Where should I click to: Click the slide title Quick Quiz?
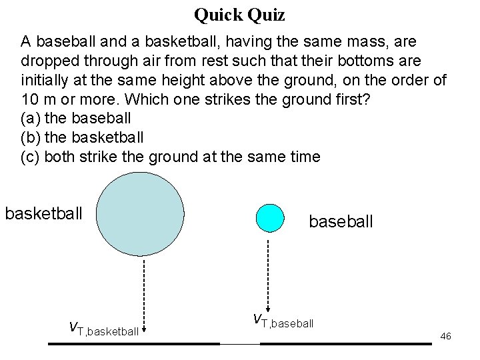pyautogui.click(x=239, y=14)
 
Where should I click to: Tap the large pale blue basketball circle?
pyautogui.click(x=141, y=214)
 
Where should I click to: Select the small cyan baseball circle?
pyautogui.click(x=270, y=217)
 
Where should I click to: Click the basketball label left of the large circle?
pyautogui.click(x=44, y=214)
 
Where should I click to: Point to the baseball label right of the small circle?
pyautogui.click(x=341, y=221)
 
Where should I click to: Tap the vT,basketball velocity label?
pyautogui.click(x=104, y=327)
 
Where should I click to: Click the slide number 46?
pyautogui.click(x=446, y=336)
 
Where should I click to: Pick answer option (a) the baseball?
pyautogui.click(x=76, y=119)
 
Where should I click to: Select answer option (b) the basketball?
pyautogui.click(x=82, y=138)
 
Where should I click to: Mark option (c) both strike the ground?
pyautogui.click(x=171, y=157)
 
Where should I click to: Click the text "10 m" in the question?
pyautogui.click(x=39, y=99)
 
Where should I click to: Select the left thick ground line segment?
pyautogui.click(x=133, y=343)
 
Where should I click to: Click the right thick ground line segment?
pyautogui.click(x=345, y=343)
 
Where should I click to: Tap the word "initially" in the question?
pyautogui.click(x=42, y=80)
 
